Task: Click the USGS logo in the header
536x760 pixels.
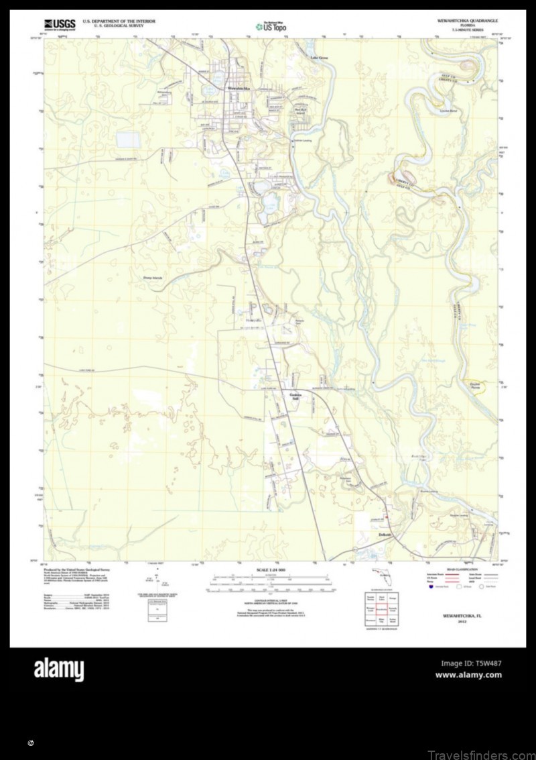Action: click(59, 25)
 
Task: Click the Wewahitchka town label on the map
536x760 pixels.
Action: click(238, 88)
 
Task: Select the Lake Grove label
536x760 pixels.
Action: click(319, 58)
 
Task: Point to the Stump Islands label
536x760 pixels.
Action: click(153, 277)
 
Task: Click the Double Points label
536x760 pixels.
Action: click(477, 386)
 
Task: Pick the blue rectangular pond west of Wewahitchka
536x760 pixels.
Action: click(125, 140)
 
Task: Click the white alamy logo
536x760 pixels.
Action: click(59, 669)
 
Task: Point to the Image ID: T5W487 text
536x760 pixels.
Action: click(470, 663)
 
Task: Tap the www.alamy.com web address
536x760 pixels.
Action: click(468, 675)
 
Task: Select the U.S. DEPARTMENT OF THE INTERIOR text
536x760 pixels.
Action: click(119, 21)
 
